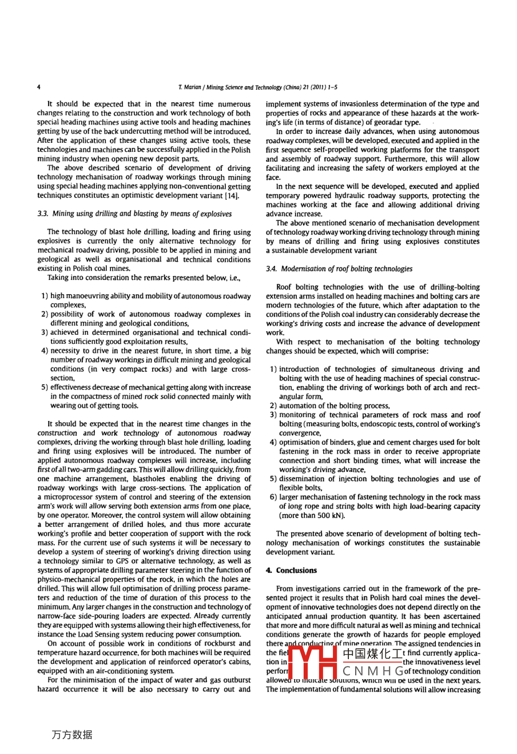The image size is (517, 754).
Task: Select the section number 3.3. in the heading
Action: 43,214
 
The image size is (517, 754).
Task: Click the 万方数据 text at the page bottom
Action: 71,735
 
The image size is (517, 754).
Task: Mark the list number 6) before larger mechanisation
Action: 273,497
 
